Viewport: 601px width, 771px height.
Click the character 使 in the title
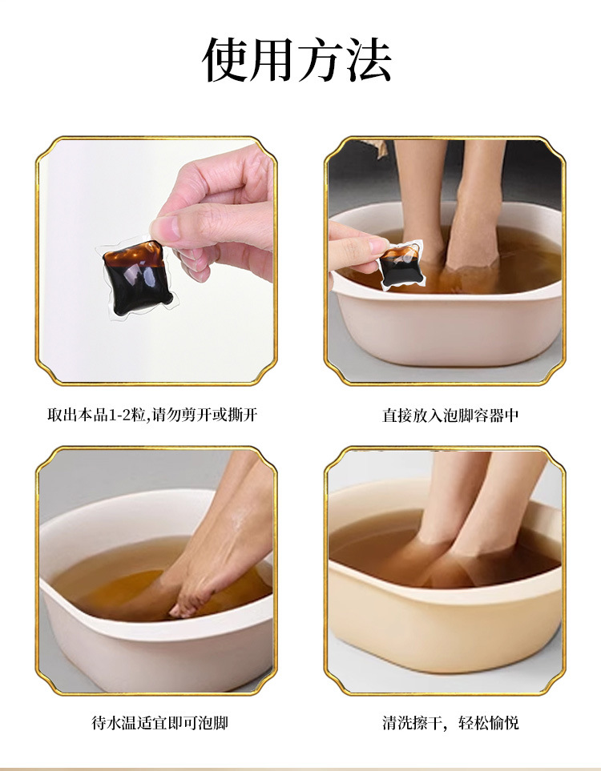[x=227, y=60]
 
